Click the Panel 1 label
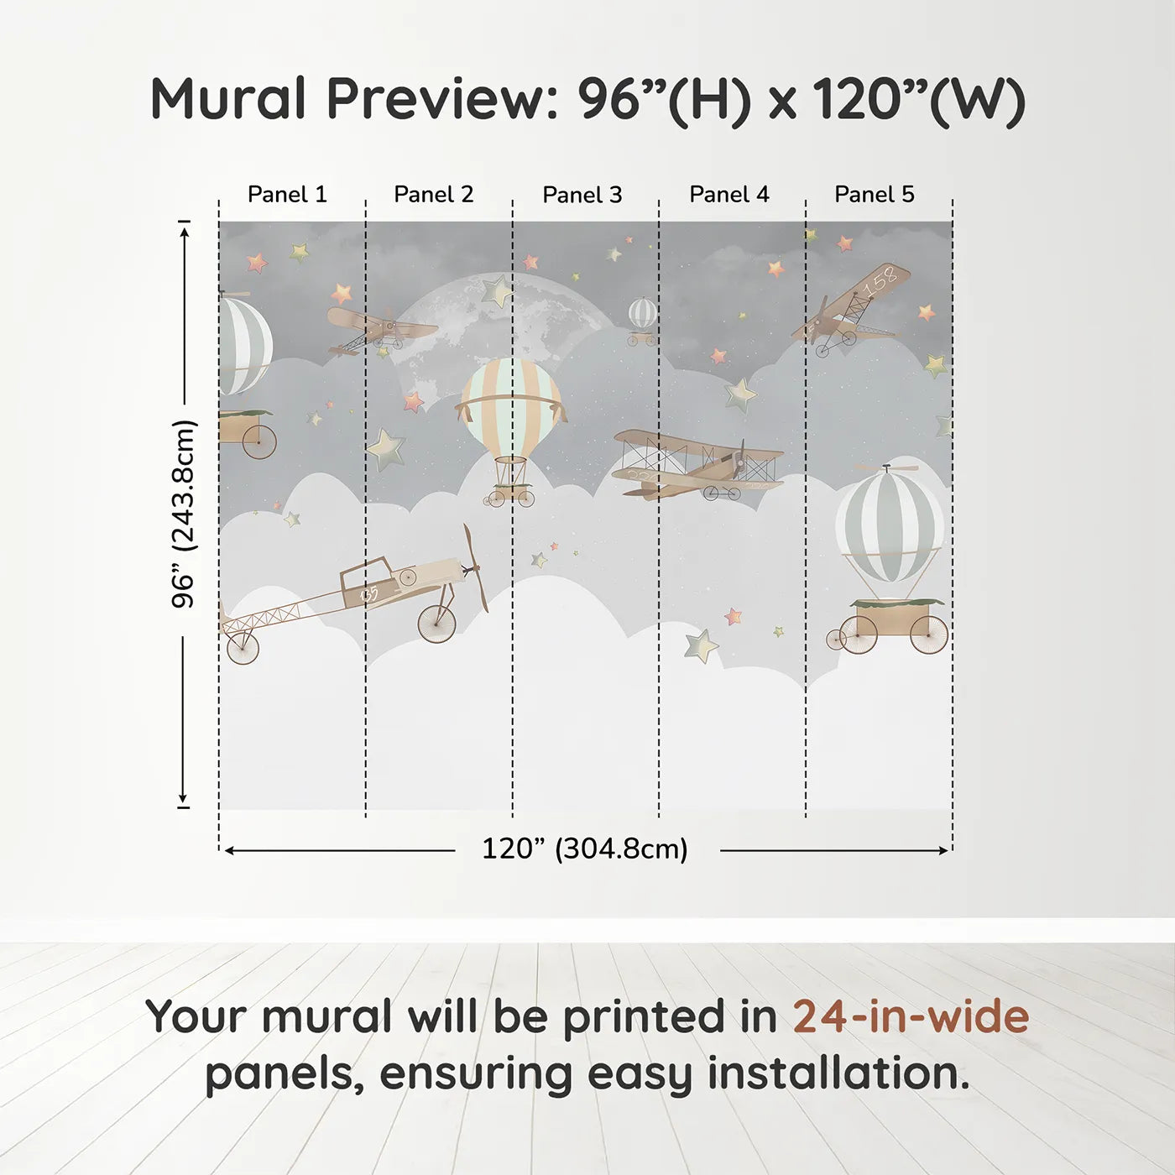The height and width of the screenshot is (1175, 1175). (x=287, y=194)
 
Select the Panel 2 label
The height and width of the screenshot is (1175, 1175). (x=433, y=194)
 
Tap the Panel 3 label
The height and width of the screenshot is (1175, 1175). (x=582, y=195)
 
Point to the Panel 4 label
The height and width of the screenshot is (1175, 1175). (x=728, y=194)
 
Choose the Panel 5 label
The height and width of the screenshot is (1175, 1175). (x=874, y=194)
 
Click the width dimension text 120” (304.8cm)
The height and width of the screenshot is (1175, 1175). (x=584, y=849)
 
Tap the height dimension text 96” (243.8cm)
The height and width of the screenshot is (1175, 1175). (x=183, y=514)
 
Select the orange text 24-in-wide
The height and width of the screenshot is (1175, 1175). (x=911, y=1016)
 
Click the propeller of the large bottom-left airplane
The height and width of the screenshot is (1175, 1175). (x=475, y=568)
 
